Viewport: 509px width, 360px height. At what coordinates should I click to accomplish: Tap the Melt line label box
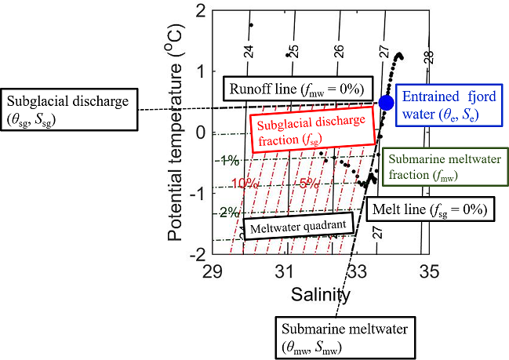pyautogui.click(x=430, y=210)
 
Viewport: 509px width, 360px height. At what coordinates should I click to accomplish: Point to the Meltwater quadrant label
pyautogui.click(x=285, y=227)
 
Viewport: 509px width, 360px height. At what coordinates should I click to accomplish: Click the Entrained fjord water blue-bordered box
pyautogui.click(x=443, y=106)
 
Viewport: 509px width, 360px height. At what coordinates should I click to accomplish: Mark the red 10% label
pyautogui.click(x=244, y=184)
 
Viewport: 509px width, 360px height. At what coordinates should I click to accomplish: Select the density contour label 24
pyautogui.click(x=249, y=52)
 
